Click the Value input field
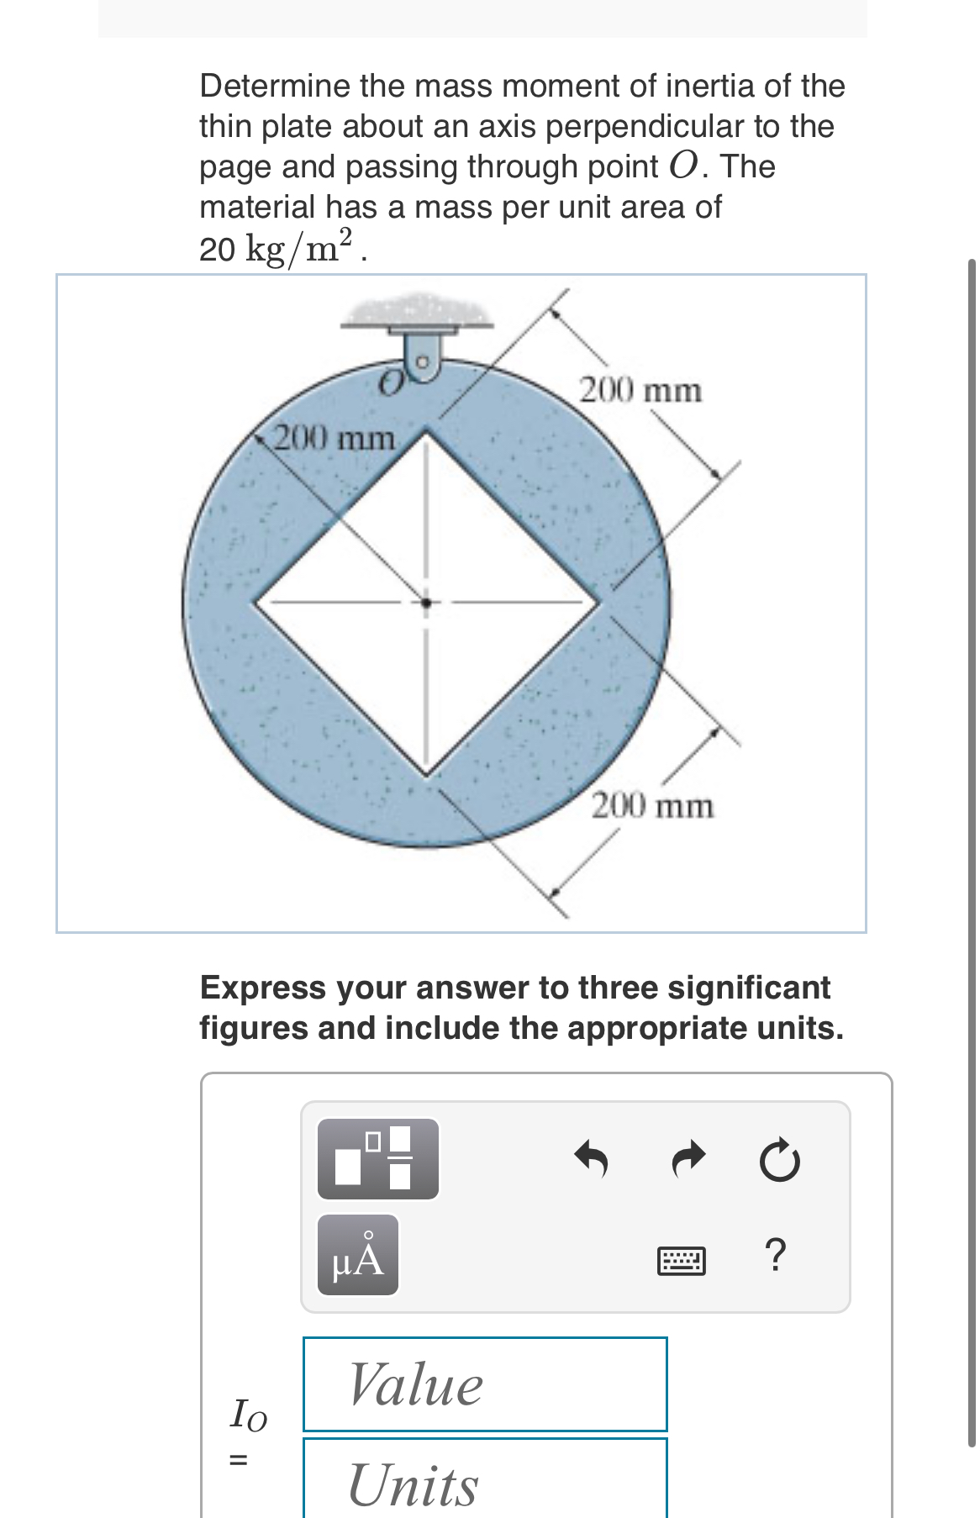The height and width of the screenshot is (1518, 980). click(485, 1384)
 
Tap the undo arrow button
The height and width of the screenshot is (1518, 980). click(593, 1160)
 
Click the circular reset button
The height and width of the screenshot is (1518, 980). click(779, 1160)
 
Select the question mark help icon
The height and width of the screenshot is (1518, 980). click(777, 1256)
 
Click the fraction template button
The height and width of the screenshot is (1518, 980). click(377, 1158)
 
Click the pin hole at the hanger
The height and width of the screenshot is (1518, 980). click(424, 362)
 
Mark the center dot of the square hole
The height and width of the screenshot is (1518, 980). click(426, 602)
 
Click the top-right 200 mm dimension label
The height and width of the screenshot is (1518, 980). click(640, 391)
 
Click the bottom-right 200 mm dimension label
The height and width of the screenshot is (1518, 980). click(653, 807)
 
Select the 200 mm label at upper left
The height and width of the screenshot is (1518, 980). click(335, 438)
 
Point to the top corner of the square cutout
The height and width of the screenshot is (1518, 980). click(427, 431)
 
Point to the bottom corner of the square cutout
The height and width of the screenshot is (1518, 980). click(427, 775)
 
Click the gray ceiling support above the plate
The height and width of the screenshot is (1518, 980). click(418, 311)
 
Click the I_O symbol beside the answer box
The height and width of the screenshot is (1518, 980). click(248, 1414)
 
